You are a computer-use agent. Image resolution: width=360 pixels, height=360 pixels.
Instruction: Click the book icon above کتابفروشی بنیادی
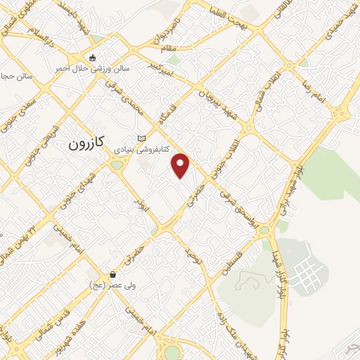142,138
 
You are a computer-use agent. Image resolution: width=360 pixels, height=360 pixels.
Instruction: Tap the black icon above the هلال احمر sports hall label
91,58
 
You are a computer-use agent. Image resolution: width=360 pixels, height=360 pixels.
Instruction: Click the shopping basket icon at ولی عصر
112,273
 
